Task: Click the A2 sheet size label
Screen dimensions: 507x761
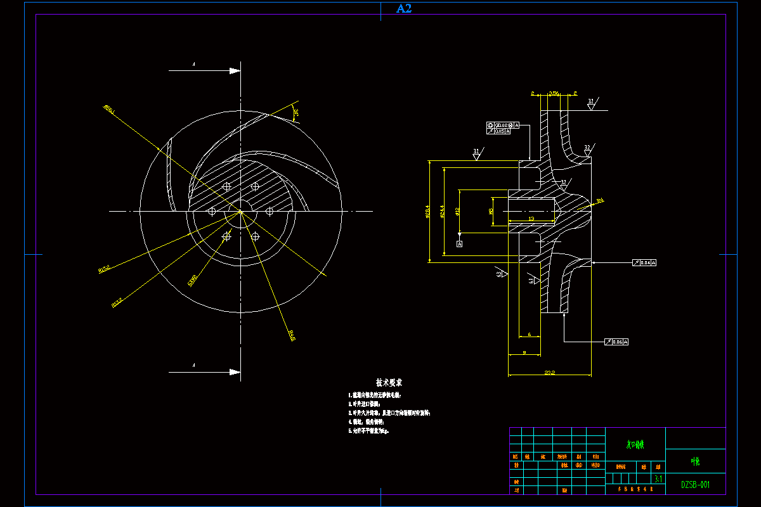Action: [x=404, y=8]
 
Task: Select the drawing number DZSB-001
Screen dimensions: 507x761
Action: [x=695, y=485]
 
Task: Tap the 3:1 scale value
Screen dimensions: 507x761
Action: [x=658, y=480]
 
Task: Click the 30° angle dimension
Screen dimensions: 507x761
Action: [x=296, y=113]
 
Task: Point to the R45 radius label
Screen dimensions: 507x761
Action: [x=291, y=335]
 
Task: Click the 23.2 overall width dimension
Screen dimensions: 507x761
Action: [x=549, y=373]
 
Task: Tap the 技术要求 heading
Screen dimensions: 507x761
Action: [x=389, y=383]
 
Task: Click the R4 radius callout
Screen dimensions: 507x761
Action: [x=600, y=201]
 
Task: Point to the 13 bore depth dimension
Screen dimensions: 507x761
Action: [x=531, y=219]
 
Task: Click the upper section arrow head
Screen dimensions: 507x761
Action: [x=235, y=71]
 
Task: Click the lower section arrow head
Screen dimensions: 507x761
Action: [x=235, y=371]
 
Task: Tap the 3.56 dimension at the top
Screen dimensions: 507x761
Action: [x=554, y=93]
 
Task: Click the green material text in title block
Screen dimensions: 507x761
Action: [x=635, y=445]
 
